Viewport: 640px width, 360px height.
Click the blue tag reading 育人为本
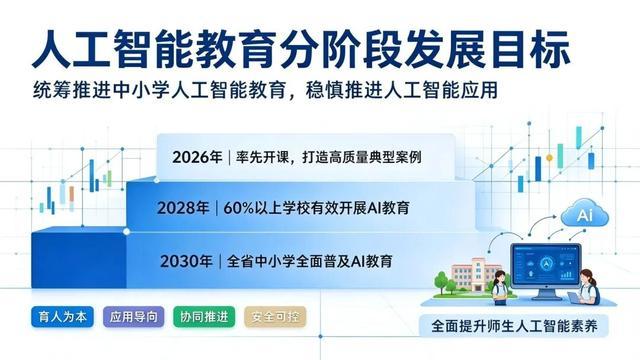point(62,317)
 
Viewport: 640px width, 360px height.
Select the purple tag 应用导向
point(133,317)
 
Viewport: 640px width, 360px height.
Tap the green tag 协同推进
point(204,317)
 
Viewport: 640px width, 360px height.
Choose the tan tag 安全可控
point(275,317)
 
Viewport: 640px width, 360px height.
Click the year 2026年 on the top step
point(197,157)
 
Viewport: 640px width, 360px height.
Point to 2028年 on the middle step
point(183,208)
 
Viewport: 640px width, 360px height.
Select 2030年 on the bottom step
point(186,261)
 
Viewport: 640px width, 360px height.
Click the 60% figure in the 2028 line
point(239,208)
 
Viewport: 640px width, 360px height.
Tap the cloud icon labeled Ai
point(584,213)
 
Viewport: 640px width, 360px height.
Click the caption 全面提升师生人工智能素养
point(514,326)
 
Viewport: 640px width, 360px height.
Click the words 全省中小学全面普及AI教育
point(309,261)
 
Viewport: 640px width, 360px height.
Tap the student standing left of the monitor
point(500,287)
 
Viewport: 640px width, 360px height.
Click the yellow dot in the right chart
point(549,158)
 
